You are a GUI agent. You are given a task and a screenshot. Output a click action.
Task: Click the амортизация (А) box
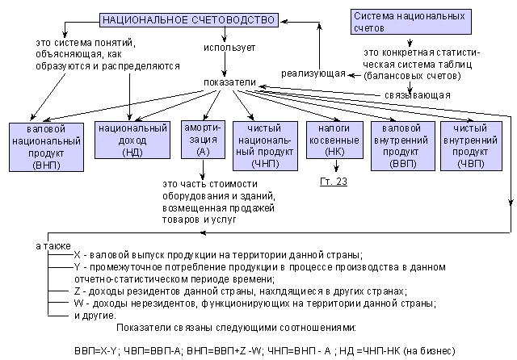tap(197, 139)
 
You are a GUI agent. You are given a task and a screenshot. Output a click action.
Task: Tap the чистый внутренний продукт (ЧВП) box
tap(471, 145)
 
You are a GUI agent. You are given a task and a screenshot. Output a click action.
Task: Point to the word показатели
tap(230, 82)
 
